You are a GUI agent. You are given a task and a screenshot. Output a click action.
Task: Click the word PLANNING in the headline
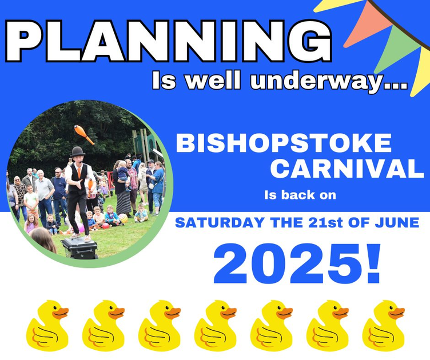(x=169, y=41)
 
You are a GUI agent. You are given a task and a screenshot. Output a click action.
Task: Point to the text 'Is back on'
(x=300, y=195)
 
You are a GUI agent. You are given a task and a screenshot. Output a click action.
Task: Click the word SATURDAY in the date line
(x=220, y=222)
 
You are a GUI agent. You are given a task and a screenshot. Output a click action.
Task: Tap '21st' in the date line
(x=325, y=222)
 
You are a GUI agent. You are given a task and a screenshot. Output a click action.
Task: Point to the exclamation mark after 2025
(x=373, y=263)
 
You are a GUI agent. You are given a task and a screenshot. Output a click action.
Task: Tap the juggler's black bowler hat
(x=77, y=151)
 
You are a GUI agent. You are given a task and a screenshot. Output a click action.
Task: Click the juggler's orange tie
(x=79, y=173)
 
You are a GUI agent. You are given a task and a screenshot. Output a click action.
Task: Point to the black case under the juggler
(x=80, y=247)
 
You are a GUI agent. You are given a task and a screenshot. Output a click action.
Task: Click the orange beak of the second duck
(x=117, y=313)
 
